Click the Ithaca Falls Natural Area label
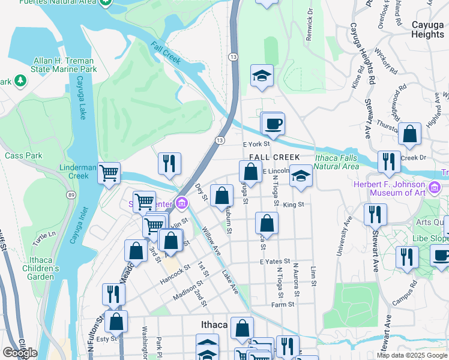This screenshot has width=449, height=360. tap(336, 162)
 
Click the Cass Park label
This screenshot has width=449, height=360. tap(23, 155)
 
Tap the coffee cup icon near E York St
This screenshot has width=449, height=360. tap(274, 124)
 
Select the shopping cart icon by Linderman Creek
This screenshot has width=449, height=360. tap(109, 173)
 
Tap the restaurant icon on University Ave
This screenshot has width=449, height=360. tap(375, 214)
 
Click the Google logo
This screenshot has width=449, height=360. tap(20, 353)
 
